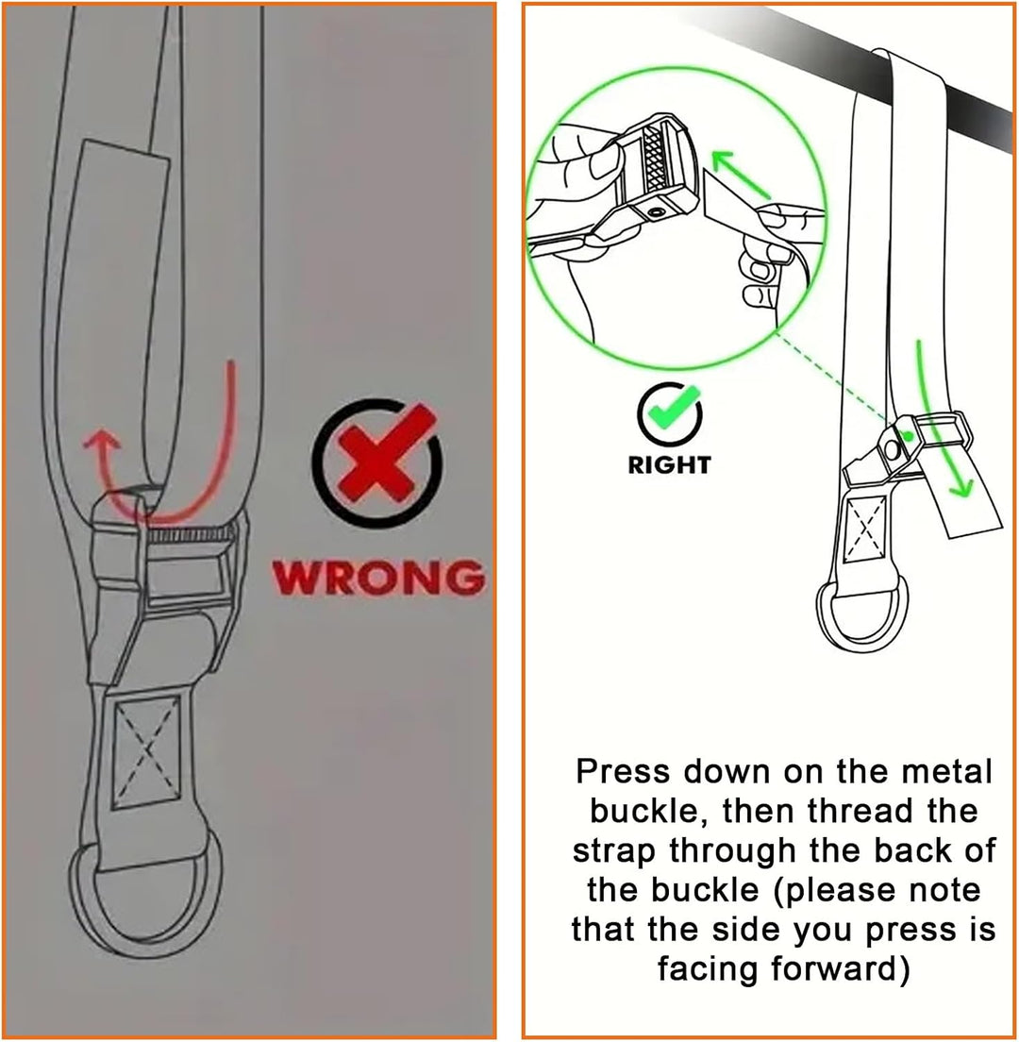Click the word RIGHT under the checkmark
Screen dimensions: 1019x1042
pyautogui.click(x=670, y=464)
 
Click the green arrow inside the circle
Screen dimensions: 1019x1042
pyautogui.click(x=741, y=174)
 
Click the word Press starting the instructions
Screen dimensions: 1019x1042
pyautogui.click(x=623, y=772)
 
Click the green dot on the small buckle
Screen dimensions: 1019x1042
pyautogui.click(x=908, y=436)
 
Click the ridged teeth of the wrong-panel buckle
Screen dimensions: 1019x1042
pyautogui.click(x=190, y=533)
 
